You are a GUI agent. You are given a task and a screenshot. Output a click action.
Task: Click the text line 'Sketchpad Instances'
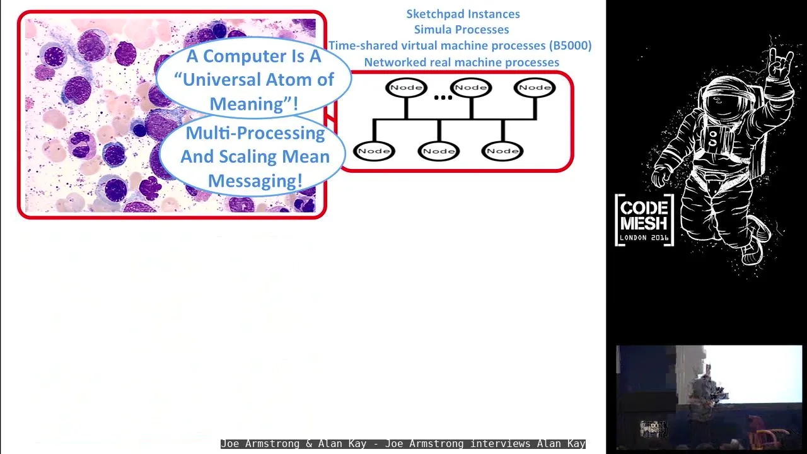(x=463, y=14)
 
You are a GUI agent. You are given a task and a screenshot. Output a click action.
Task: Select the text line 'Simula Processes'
(x=462, y=30)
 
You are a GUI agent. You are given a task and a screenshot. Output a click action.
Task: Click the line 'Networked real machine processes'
(x=462, y=62)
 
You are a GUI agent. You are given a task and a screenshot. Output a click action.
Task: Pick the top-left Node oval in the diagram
(x=407, y=88)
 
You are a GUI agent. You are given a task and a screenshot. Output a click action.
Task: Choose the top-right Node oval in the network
(x=535, y=88)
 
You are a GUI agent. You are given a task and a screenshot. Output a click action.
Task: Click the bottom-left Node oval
(x=374, y=151)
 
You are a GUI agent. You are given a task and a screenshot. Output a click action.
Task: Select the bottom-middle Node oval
(x=438, y=151)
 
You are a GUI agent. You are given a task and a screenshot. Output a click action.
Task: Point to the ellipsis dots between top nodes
(x=443, y=97)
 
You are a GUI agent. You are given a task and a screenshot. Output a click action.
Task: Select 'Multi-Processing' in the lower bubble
(x=255, y=133)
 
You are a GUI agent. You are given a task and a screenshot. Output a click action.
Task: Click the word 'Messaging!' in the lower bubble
(x=255, y=180)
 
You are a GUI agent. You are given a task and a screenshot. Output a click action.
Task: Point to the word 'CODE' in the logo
(x=644, y=208)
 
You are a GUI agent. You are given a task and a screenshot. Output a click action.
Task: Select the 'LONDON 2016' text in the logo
(x=644, y=238)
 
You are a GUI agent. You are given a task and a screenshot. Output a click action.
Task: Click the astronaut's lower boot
(x=752, y=252)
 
